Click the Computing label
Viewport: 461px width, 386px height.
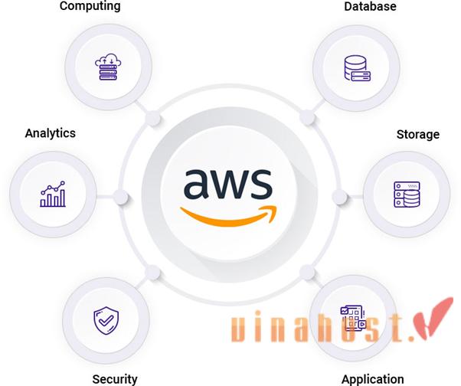coord(90,6)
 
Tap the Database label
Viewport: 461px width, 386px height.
coord(370,6)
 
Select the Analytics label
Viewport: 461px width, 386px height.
coord(51,132)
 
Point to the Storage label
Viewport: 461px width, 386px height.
coord(417,134)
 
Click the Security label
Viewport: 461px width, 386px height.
coord(115,378)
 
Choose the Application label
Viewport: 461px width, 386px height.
coord(372,378)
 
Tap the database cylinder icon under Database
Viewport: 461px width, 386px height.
coord(355,67)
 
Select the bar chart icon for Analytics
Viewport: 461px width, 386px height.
coord(52,195)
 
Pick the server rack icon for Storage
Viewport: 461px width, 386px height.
coord(406,195)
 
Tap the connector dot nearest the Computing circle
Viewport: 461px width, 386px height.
coord(152,118)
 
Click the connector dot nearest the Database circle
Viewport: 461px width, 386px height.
coord(307,117)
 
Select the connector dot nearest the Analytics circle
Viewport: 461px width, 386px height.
coord(121,196)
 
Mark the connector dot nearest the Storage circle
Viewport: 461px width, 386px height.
coord(339,196)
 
